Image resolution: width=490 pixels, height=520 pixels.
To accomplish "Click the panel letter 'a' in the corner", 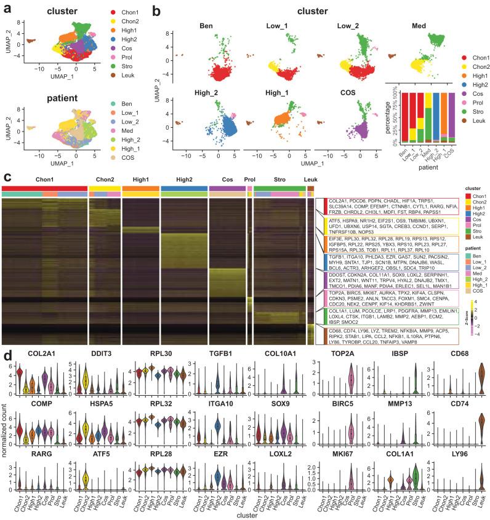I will tap(6, 8).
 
